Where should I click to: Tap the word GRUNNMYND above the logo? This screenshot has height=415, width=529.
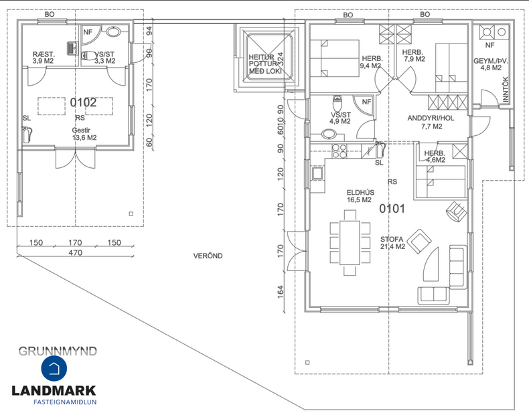[x=58, y=350]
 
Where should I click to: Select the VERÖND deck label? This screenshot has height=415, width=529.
[x=208, y=256]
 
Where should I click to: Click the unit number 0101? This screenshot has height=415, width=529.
[x=392, y=209]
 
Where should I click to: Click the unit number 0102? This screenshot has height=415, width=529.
[x=84, y=102]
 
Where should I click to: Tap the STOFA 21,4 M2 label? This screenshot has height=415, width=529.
[x=392, y=242]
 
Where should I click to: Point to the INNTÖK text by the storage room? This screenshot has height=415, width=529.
[x=506, y=90]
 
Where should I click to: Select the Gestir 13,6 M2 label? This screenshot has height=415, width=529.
[x=84, y=134]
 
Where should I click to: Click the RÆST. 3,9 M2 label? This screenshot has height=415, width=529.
[x=43, y=58]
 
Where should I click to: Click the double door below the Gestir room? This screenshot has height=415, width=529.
[x=75, y=159]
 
